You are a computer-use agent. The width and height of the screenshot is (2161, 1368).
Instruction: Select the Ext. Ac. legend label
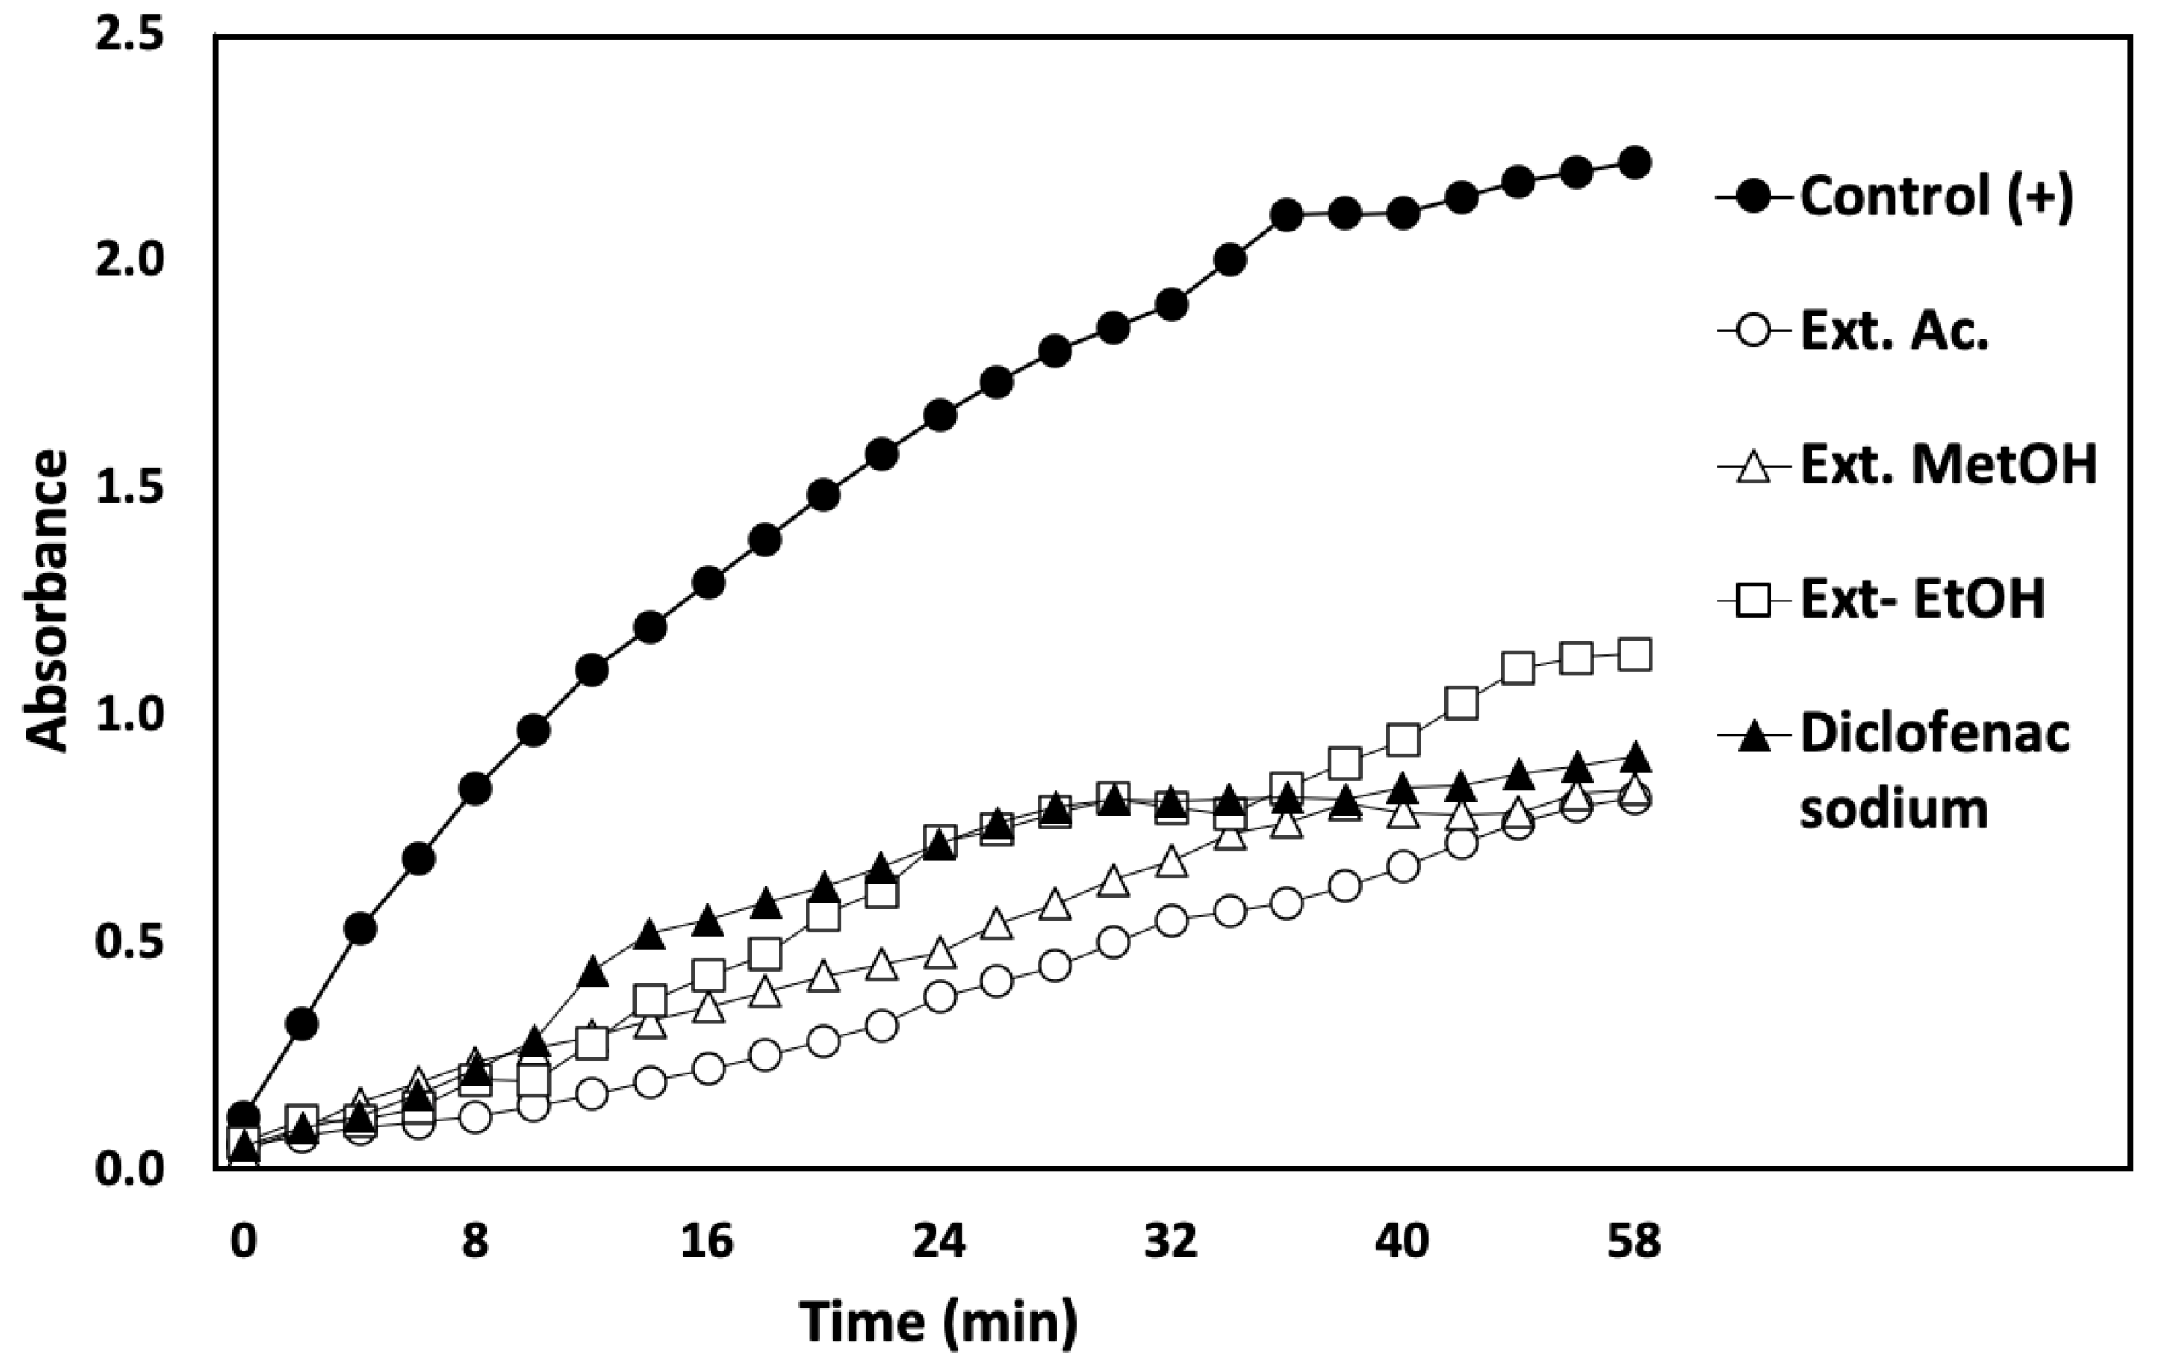(x=1895, y=332)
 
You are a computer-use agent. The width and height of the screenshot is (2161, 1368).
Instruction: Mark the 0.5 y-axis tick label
(x=129, y=943)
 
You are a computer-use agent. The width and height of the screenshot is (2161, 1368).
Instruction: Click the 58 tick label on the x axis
(x=1634, y=1242)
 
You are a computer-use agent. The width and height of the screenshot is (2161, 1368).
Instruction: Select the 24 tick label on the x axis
(x=939, y=1242)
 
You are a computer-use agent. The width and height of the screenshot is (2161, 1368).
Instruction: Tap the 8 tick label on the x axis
(x=475, y=1242)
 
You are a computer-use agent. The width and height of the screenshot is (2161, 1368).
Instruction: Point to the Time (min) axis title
(x=939, y=1322)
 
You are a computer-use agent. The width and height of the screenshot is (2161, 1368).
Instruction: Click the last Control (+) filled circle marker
(x=1634, y=162)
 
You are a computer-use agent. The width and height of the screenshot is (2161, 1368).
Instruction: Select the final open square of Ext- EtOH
(x=1634, y=655)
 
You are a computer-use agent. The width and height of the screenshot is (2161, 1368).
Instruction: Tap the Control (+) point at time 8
(x=475, y=789)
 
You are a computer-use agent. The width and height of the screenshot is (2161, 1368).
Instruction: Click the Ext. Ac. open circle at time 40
(x=1403, y=867)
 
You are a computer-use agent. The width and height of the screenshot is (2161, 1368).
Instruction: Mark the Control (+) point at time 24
(x=939, y=415)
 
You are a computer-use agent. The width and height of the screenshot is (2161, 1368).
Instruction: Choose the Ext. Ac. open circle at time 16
(x=708, y=1069)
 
